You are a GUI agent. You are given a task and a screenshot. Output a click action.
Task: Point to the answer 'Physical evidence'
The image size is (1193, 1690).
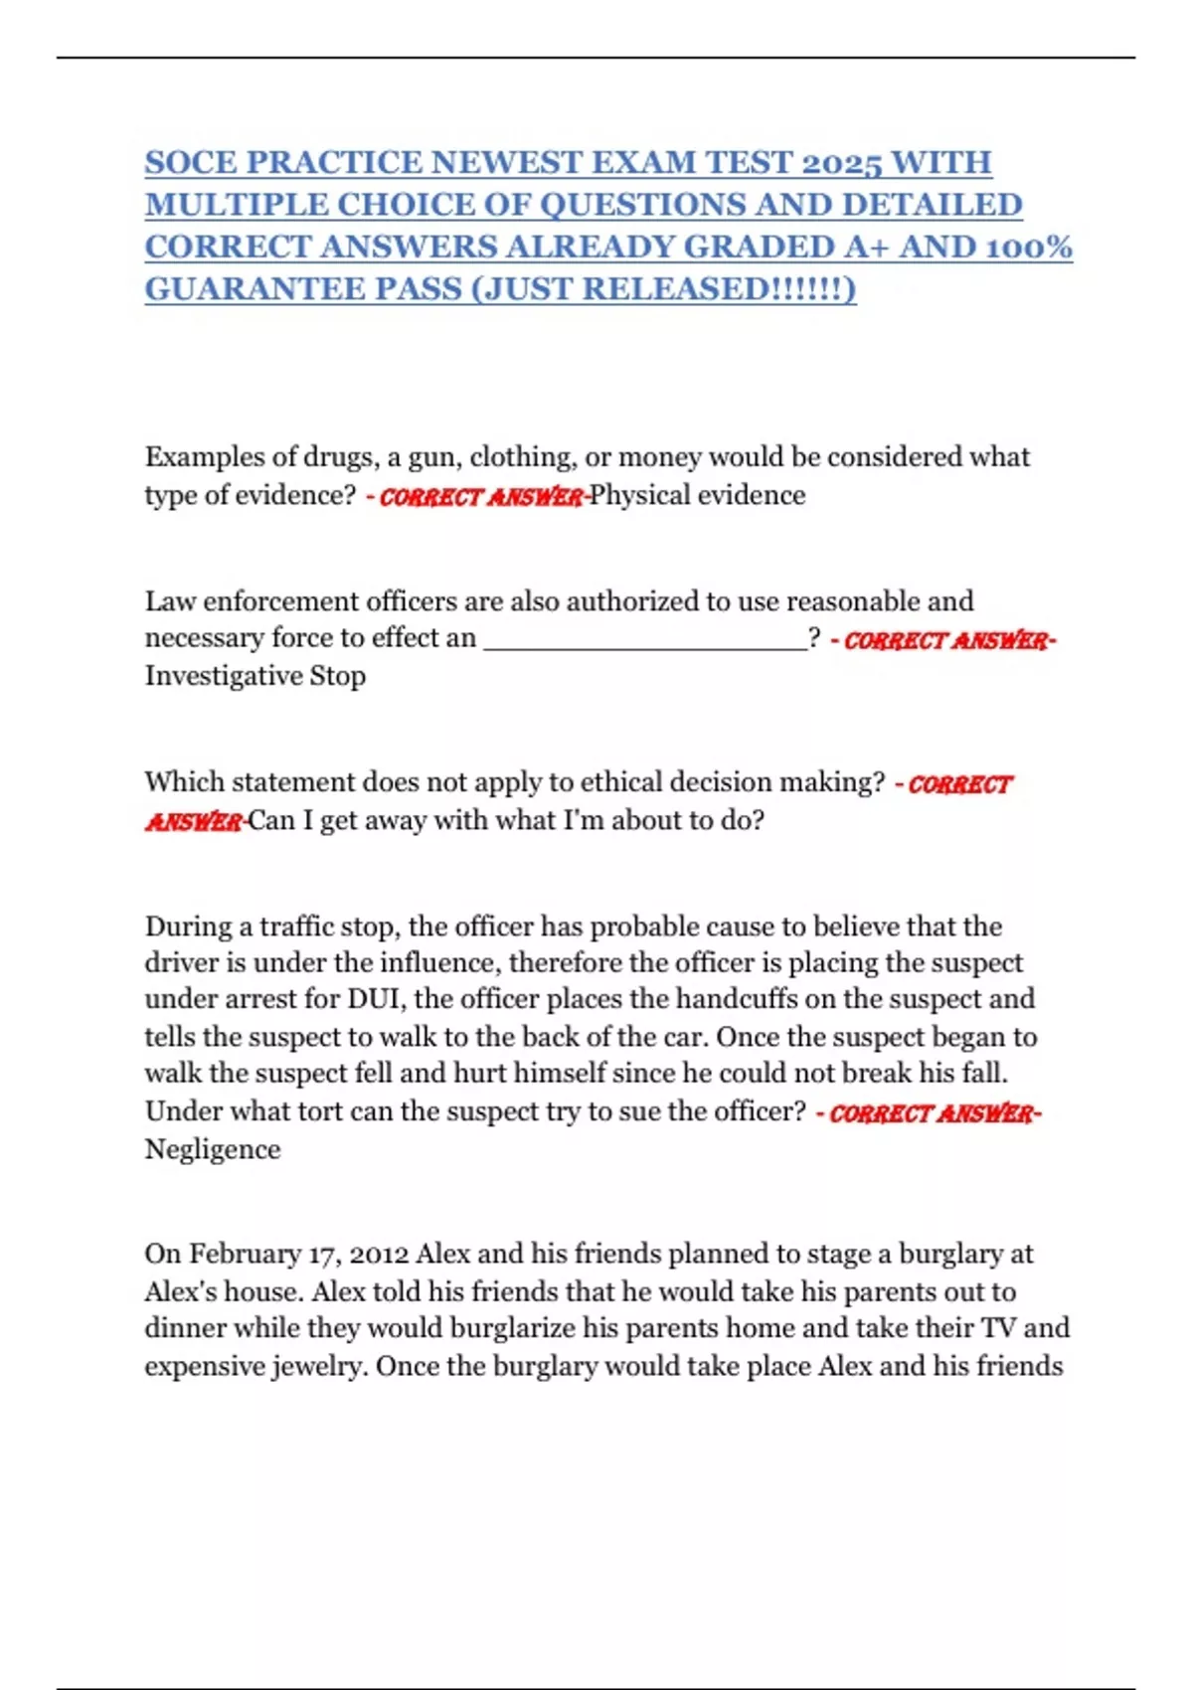point(698,495)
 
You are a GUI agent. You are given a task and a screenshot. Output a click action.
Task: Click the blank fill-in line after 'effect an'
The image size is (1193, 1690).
point(645,638)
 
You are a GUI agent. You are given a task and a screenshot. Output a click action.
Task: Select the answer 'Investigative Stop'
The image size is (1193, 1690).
point(256,676)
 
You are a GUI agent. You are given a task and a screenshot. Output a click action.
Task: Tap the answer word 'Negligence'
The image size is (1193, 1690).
point(213,1149)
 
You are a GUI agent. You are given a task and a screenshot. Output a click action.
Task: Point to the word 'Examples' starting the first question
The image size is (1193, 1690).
point(204,457)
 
